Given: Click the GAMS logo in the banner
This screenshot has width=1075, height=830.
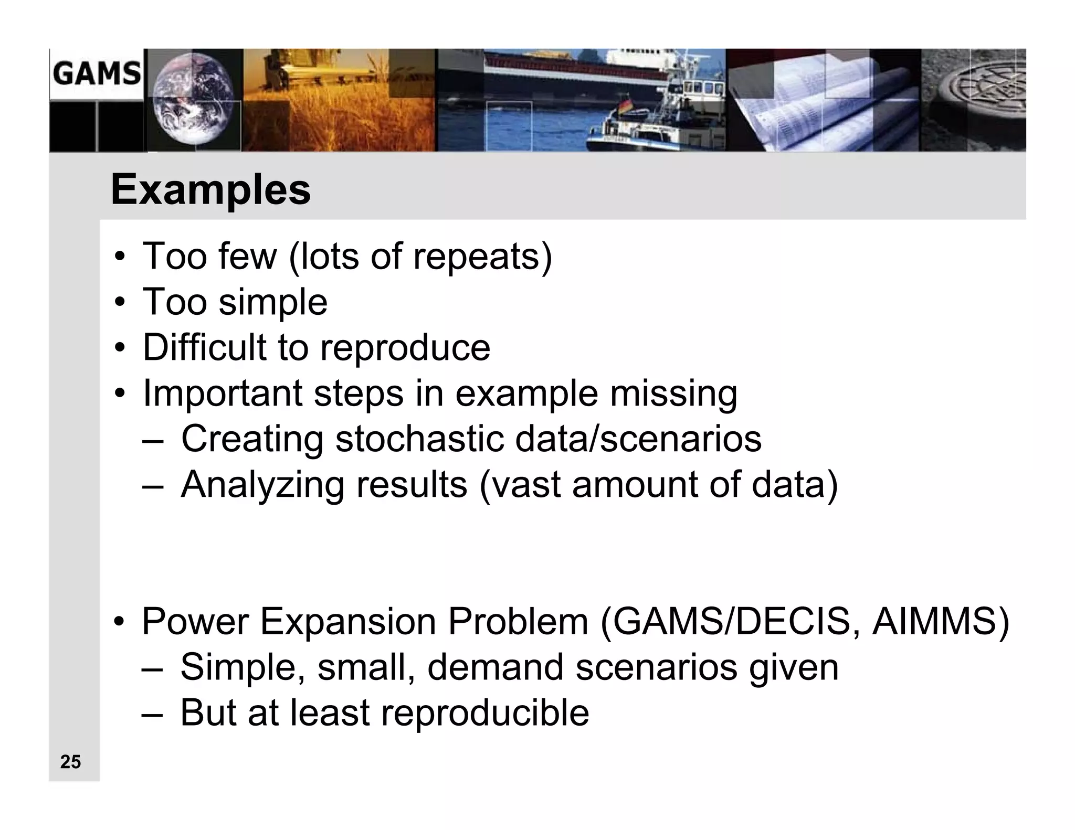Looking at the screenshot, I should coord(97,73).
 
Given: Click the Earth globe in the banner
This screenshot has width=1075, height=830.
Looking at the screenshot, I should coord(193,101).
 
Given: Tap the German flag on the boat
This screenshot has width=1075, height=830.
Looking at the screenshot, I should coord(626,106).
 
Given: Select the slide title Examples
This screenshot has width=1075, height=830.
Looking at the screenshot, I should coord(210,189).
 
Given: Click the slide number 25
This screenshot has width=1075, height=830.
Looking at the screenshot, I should coord(70,761).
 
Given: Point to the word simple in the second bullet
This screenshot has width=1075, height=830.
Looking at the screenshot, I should coord(272,302).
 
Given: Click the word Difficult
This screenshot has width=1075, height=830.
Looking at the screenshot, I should coord(204,347).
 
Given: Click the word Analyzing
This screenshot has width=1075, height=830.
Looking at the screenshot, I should coord(262,484).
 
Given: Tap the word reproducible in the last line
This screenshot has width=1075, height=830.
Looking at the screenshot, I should coord(484,713).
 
